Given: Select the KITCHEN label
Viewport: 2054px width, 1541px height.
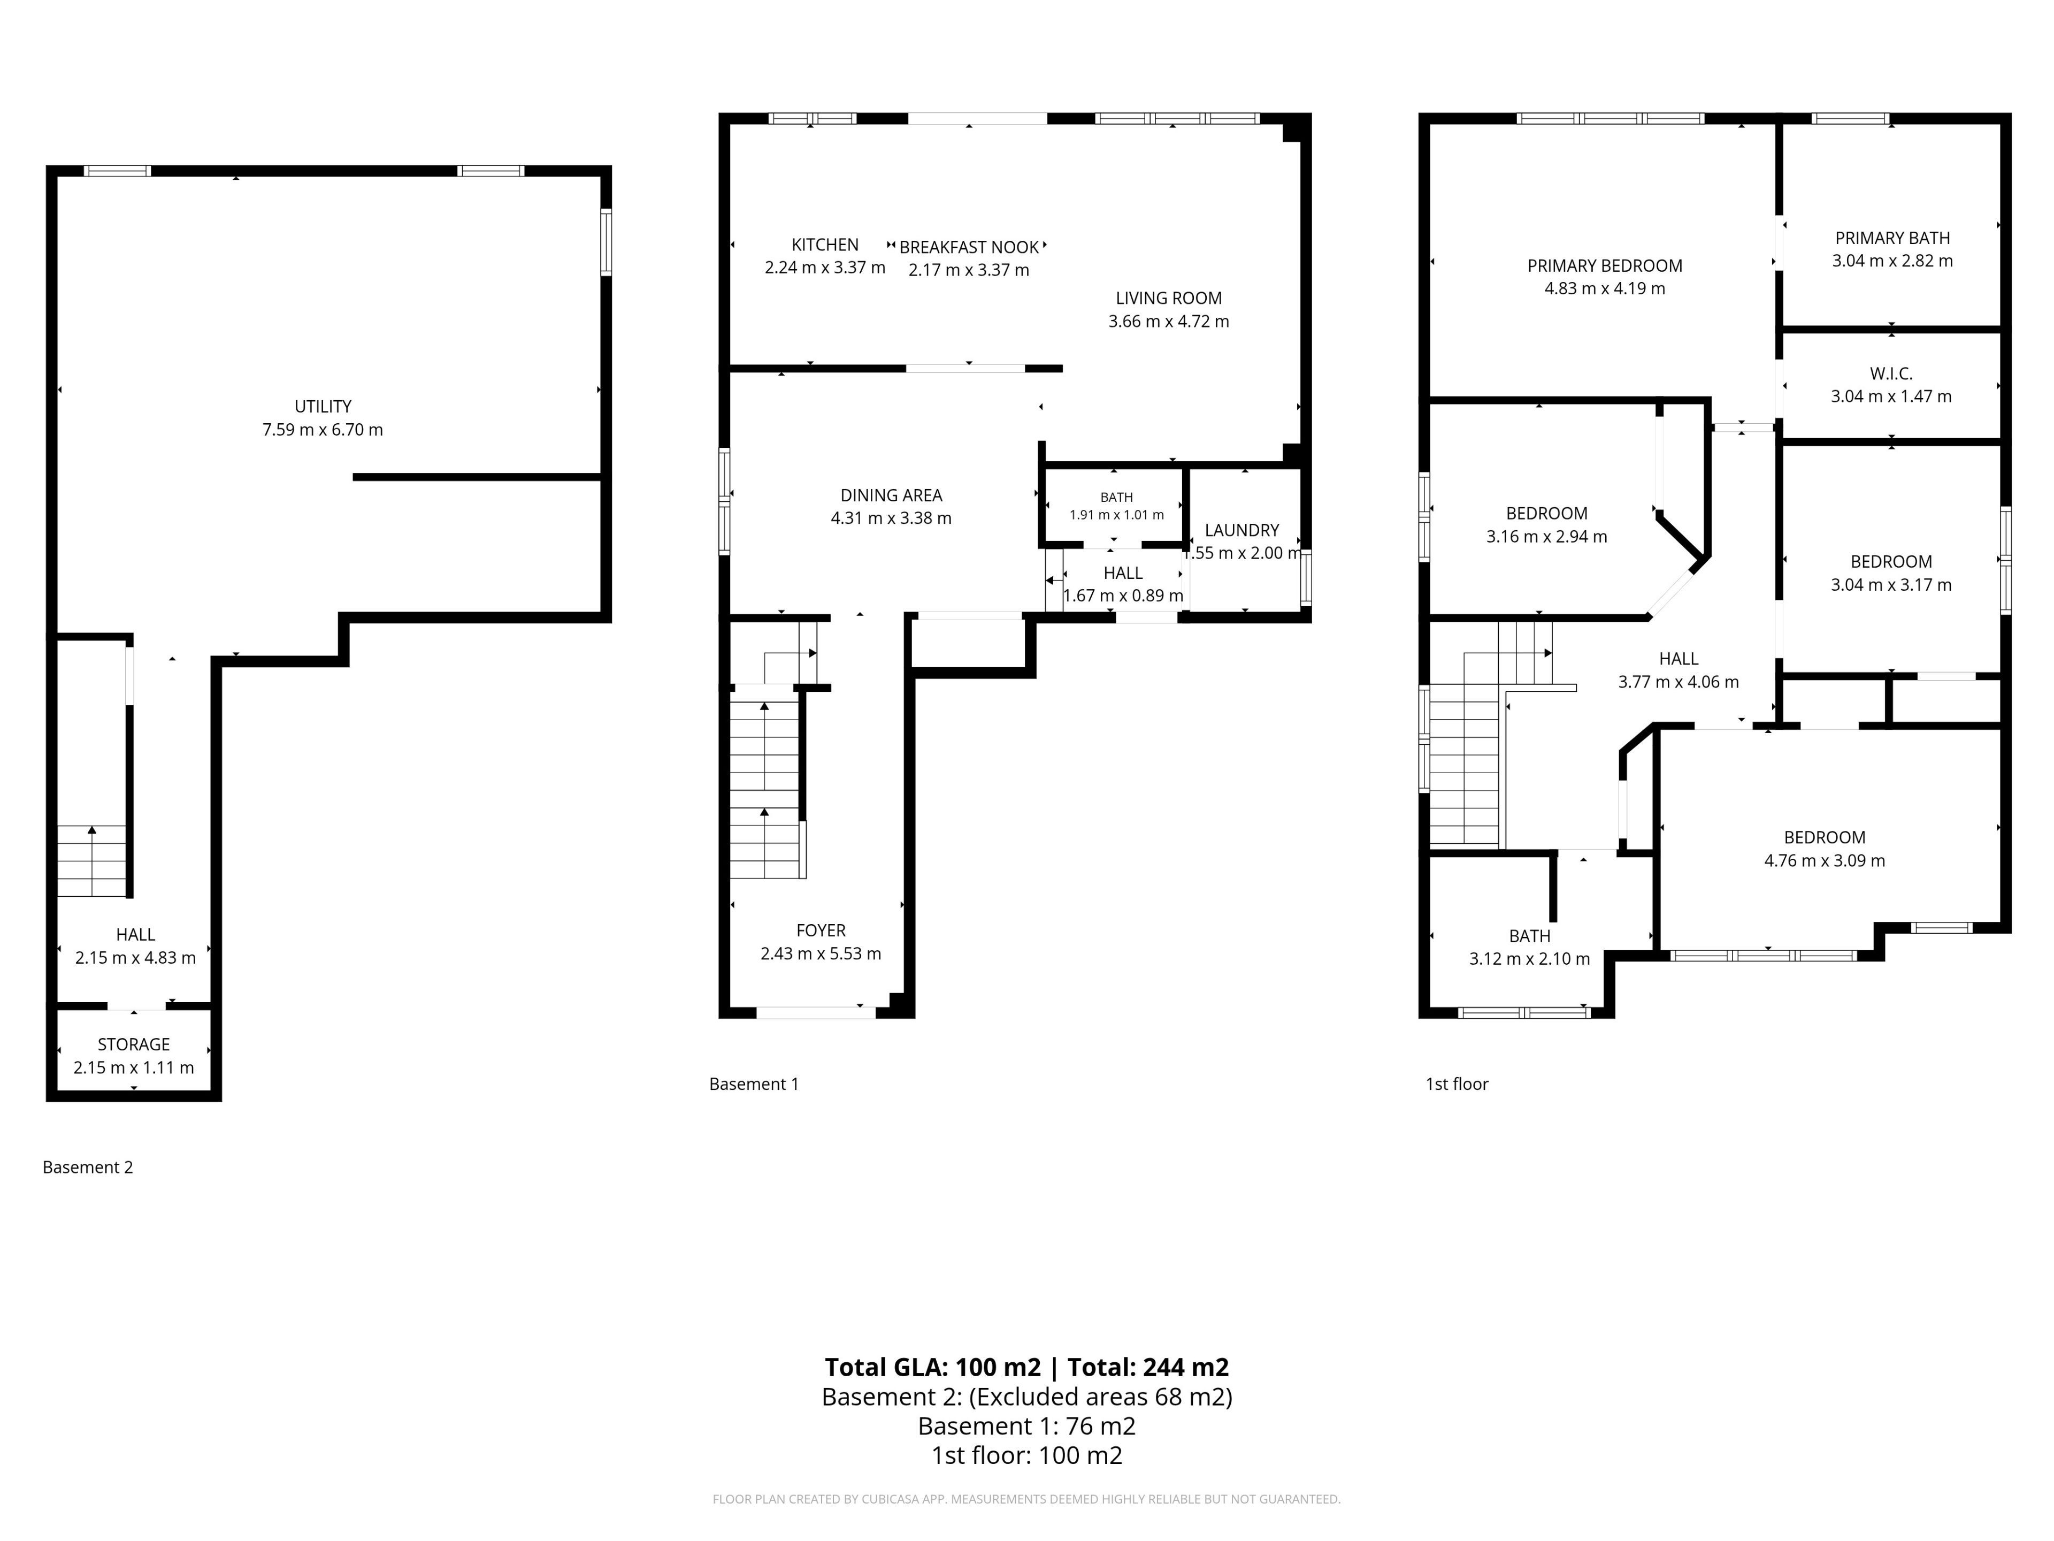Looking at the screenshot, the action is pos(825,245).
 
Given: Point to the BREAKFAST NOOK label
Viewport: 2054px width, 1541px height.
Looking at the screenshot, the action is pos(969,247).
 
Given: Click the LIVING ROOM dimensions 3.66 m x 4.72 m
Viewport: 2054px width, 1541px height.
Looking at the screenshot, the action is pos(1168,322).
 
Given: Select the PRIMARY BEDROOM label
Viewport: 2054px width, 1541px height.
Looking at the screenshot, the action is pos(1605,265).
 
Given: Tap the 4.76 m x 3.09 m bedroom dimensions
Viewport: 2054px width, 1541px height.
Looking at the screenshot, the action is pos(1825,861).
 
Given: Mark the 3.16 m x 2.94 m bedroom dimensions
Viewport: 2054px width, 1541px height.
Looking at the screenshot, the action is pos(1547,537).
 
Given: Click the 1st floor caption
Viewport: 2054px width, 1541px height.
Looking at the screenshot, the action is pos(1457,1084).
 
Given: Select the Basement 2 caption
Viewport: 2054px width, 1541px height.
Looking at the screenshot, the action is pos(88,1168).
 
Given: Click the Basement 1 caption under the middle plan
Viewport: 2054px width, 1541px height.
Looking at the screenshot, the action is pos(754,1084).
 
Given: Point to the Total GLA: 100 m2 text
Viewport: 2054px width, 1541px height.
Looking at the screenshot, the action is pos(932,1367).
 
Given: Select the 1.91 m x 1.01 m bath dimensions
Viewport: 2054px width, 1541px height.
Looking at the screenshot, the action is pos(1116,515).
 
